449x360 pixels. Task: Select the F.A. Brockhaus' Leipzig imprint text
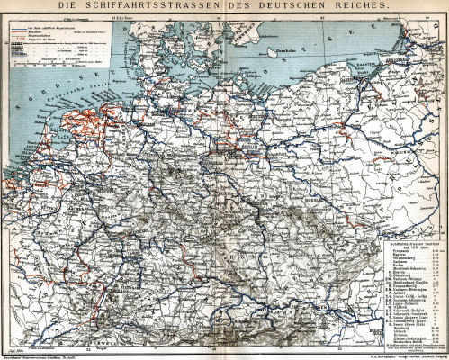pos(396,355)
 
